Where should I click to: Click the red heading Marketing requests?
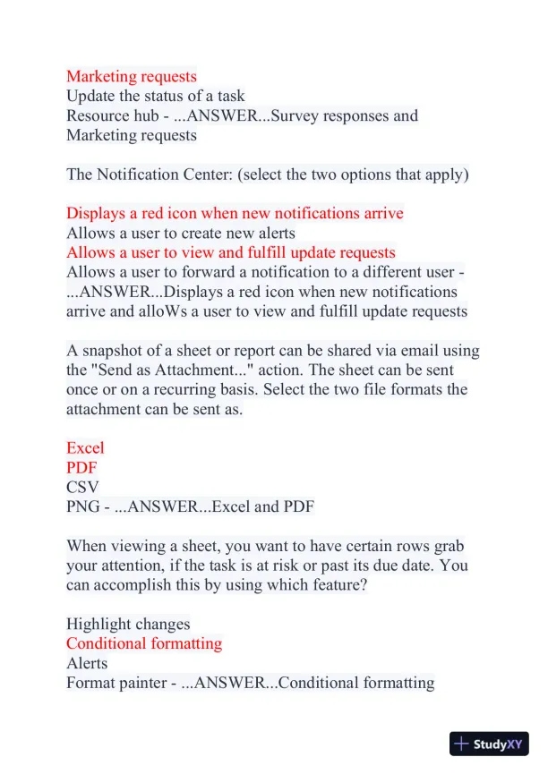pyautogui.click(x=131, y=76)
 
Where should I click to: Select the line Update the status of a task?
pyautogui.click(x=155, y=96)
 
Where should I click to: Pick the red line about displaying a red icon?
pyautogui.click(x=235, y=213)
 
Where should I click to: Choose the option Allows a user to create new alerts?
pyautogui.click(x=180, y=233)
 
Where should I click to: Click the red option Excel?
pyautogui.click(x=85, y=447)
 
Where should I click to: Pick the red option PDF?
pyautogui.click(x=81, y=467)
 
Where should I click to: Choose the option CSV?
pyautogui.click(x=82, y=487)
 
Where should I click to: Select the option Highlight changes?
pyautogui.click(x=128, y=624)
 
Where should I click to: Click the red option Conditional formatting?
pyautogui.click(x=144, y=643)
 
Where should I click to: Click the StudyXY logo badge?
pyautogui.click(x=489, y=744)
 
